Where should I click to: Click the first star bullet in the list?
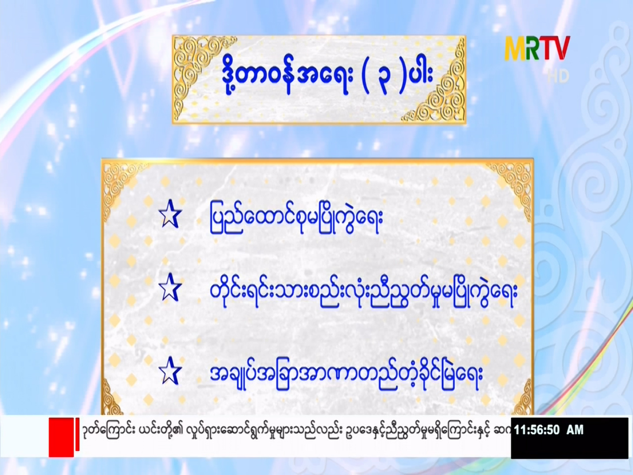(170, 215)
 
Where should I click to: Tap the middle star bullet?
(170, 288)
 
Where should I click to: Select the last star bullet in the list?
(170, 371)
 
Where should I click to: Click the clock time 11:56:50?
(537, 430)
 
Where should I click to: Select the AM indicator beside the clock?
(575, 430)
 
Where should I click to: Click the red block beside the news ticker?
(61, 437)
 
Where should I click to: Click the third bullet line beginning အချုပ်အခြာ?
(346, 375)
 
